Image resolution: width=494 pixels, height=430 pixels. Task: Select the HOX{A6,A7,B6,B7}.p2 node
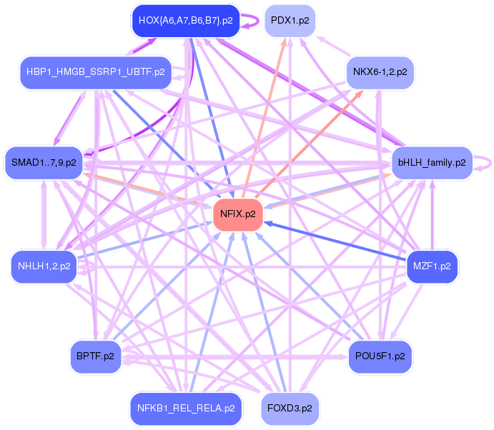(185, 21)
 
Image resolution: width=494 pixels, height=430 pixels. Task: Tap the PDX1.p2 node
(290, 21)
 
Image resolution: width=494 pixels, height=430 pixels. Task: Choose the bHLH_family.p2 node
(431, 163)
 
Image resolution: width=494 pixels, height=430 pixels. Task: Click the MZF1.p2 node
(431, 266)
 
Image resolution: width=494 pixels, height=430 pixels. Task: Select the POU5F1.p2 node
(380, 355)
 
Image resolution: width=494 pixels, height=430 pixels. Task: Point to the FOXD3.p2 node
(290, 409)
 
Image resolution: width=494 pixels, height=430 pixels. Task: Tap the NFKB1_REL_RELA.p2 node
(185, 409)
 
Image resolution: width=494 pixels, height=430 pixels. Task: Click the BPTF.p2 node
(95, 355)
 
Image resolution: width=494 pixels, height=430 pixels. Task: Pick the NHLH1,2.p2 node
(44, 266)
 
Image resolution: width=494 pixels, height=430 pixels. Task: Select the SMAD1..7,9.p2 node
(44, 163)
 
